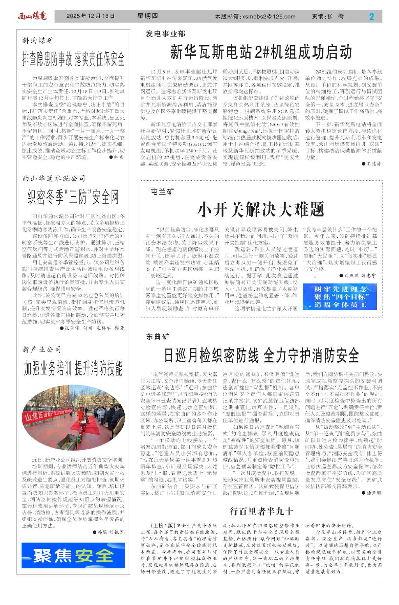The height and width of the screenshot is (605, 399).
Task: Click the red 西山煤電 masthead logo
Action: [x=32, y=16]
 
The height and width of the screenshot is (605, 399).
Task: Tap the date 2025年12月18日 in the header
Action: [x=90, y=16]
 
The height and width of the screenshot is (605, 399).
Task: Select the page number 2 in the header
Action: [x=371, y=16]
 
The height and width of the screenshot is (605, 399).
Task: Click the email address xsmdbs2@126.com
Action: [x=268, y=16]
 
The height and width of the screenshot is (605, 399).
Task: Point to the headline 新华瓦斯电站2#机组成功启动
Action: [x=261, y=52]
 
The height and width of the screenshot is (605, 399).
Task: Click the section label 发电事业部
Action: [x=166, y=34]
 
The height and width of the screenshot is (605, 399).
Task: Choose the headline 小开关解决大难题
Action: [x=261, y=209]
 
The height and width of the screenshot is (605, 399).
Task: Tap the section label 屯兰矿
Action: [x=162, y=192]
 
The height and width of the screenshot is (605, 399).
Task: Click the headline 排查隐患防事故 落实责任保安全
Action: [x=73, y=59]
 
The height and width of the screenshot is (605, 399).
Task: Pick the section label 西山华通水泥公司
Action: [x=54, y=178]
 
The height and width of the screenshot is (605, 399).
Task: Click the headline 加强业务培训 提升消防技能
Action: [x=73, y=368]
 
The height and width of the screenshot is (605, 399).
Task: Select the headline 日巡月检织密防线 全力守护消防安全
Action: [x=261, y=355]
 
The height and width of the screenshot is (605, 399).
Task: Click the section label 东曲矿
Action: [x=158, y=336]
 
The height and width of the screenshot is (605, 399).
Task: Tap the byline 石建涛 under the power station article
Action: [x=374, y=164]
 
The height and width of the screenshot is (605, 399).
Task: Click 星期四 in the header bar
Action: [x=147, y=16]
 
